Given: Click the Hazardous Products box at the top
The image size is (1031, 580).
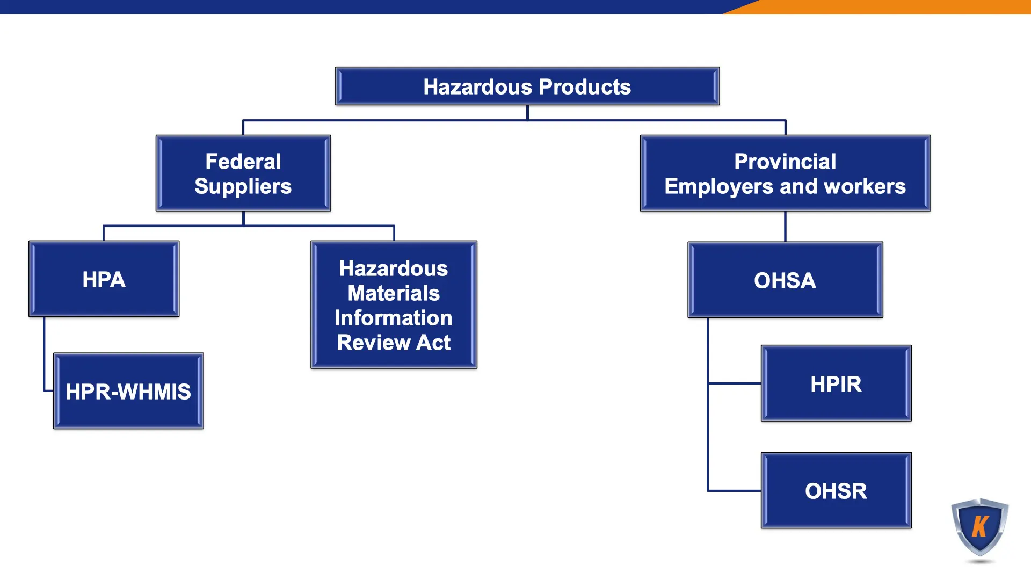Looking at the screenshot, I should [x=527, y=86].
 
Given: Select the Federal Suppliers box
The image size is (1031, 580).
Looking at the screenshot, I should [x=243, y=173].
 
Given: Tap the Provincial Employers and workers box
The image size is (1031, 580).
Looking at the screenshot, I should [x=785, y=173].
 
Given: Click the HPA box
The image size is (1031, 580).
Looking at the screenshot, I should [x=104, y=279].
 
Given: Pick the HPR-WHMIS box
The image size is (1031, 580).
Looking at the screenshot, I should [x=128, y=391].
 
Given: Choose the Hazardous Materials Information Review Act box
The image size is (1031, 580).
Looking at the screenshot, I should [x=394, y=305].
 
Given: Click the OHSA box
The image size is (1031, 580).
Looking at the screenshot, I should [x=785, y=280].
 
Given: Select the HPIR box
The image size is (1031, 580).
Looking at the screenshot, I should [x=836, y=383].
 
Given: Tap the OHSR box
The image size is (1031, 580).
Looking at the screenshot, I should [x=836, y=490].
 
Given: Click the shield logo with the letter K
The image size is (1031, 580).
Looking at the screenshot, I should [x=980, y=527].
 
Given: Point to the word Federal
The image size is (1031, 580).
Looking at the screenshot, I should [x=243, y=161].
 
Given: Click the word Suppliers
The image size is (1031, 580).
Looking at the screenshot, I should [x=243, y=186].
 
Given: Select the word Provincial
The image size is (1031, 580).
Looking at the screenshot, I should [x=785, y=161].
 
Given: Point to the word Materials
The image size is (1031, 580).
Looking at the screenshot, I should [x=394, y=293].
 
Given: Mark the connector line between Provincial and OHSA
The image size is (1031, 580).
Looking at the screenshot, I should [x=785, y=226].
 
